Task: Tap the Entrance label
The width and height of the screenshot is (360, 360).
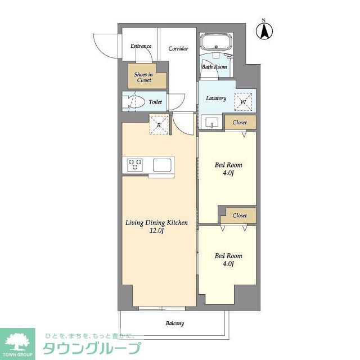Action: click(x=141, y=46)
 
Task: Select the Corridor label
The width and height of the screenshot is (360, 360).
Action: click(x=178, y=48)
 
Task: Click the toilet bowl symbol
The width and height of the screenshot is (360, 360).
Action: click(x=133, y=102)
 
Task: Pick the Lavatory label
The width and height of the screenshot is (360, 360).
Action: click(x=216, y=98)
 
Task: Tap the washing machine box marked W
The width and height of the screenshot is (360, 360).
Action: click(x=244, y=102)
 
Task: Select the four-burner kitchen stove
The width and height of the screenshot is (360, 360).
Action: click(x=136, y=165)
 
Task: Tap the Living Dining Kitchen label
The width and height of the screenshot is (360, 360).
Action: click(x=156, y=223)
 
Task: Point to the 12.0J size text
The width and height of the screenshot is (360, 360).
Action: click(x=156, y=231)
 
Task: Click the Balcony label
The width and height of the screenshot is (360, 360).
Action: click(x=174, y=323)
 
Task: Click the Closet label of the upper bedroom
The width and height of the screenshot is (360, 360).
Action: click(x=240, y=122)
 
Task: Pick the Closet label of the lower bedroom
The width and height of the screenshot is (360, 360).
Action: click(x=240, y=215)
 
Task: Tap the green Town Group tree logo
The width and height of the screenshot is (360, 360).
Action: click(x=17, y=341)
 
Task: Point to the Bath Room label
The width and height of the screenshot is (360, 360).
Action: click(x=214, y=67)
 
